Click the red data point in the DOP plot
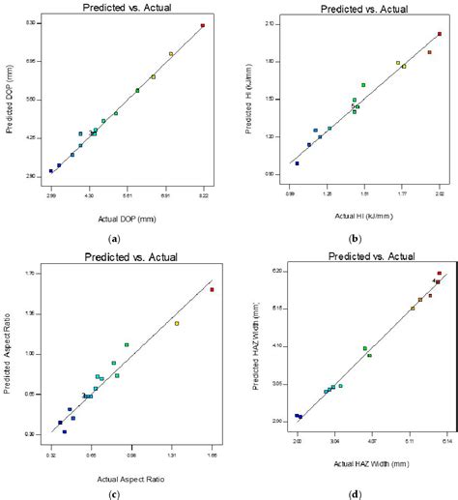pyautogui.click(x=203, y=25)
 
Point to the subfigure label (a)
pyautogui.click(x=115, y=238)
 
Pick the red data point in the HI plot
pyautogui.click(x=440, y=34)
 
